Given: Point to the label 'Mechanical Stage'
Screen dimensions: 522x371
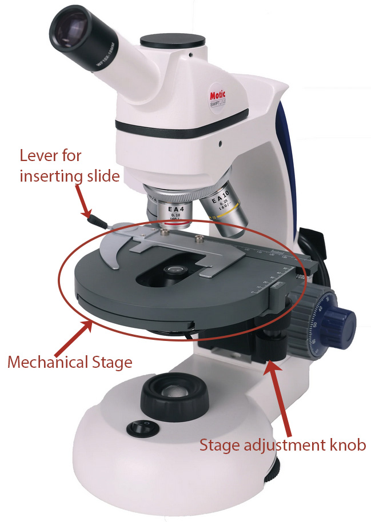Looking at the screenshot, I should [69, 362].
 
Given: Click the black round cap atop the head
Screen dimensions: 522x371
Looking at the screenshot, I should [173, 41].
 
